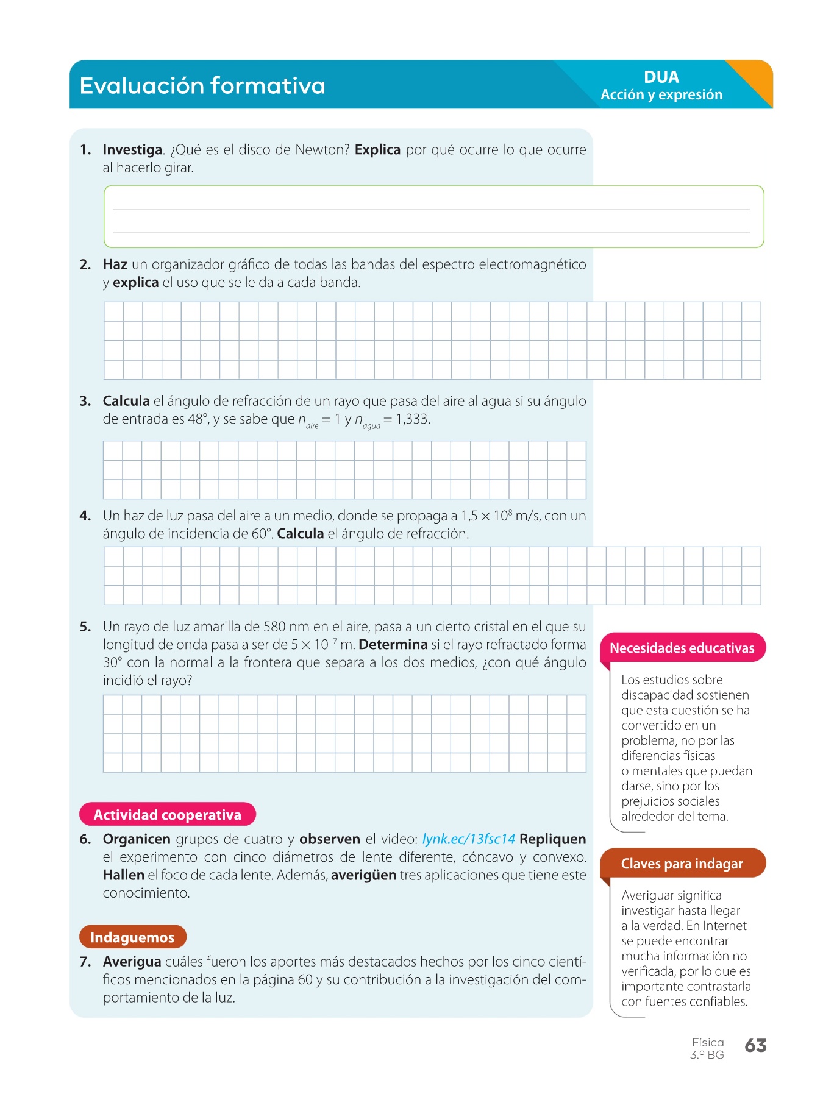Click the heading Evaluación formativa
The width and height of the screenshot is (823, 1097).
click(202, 85)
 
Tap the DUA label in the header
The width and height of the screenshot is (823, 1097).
click(661, 77)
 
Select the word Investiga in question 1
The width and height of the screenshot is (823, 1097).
click(132, 150)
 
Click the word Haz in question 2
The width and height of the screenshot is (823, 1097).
click(115, 264)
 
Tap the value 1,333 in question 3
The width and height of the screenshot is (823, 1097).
click(412, 419)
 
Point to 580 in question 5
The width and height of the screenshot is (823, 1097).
click(274, 627)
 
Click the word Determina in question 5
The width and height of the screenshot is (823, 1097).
click(393, 645)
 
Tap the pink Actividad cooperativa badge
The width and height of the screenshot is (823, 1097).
click(168, 815)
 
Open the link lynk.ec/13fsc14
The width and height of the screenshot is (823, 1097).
click(468, 839)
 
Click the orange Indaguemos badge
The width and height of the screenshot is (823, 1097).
click(132, 937)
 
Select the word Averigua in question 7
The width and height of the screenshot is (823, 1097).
click(132, 962)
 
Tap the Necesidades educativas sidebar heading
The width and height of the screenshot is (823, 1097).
click(682, 648)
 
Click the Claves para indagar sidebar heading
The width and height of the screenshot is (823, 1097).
click(682, 864)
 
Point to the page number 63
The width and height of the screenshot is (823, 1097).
click(755, 1046)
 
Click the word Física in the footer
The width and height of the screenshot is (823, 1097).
click(708, 1043)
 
